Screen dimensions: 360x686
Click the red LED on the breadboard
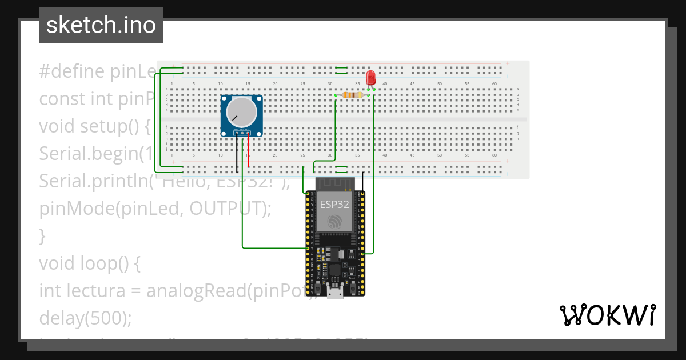[370, 78]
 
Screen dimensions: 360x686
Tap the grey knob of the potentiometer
[240, 111]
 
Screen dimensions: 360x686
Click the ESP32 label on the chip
[334, 204]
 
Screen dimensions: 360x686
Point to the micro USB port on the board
[335, 293]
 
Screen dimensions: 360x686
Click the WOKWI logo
[607, 315]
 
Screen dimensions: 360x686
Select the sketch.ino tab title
[101, 25]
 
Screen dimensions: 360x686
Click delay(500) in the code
[85, 318]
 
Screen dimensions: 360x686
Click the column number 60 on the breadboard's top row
[494, 84]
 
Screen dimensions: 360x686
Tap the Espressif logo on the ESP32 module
[334, 222]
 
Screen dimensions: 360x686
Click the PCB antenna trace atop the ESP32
[334, 183]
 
